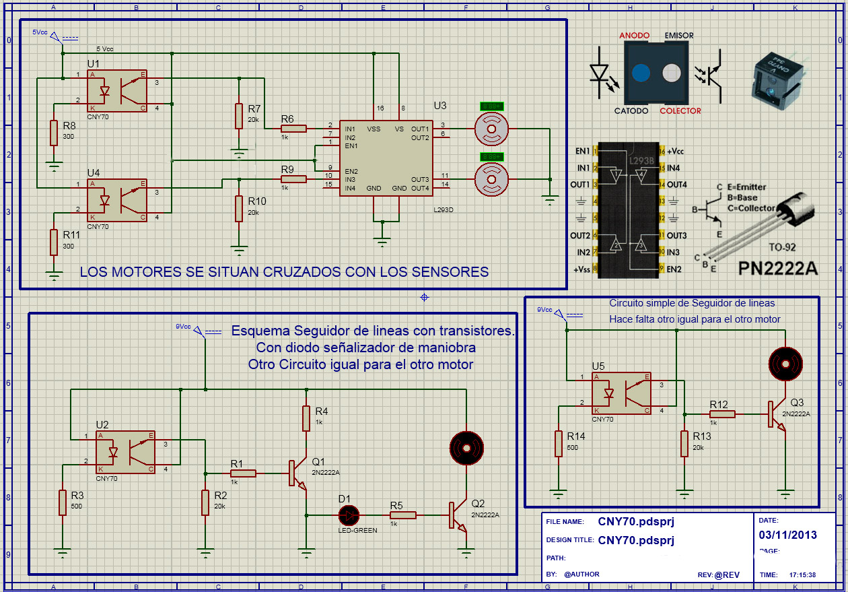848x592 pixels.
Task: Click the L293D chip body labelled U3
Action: click(x=386, y=159)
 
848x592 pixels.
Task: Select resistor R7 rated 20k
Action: click(x=238, y=116)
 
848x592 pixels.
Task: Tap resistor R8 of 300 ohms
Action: click(x=54, y=133)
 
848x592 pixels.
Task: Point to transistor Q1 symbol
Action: click(x=296, y=473)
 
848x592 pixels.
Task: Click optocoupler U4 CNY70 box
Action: click(x=116, y=200)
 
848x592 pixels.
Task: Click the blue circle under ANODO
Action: click(x=641, y=73)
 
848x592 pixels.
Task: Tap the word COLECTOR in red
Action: click(x=680, y=110)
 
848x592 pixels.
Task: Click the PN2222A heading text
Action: click(x=778, y=269)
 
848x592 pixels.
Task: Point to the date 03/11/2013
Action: click(x=787, y=535)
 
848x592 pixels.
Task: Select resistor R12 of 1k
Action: click(x=721, y=414)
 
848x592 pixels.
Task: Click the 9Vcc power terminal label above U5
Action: click(x=544, y=310)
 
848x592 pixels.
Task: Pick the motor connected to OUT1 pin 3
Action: click(x=491, y=127)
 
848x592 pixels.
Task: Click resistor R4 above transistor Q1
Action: click(x=306, y=418)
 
